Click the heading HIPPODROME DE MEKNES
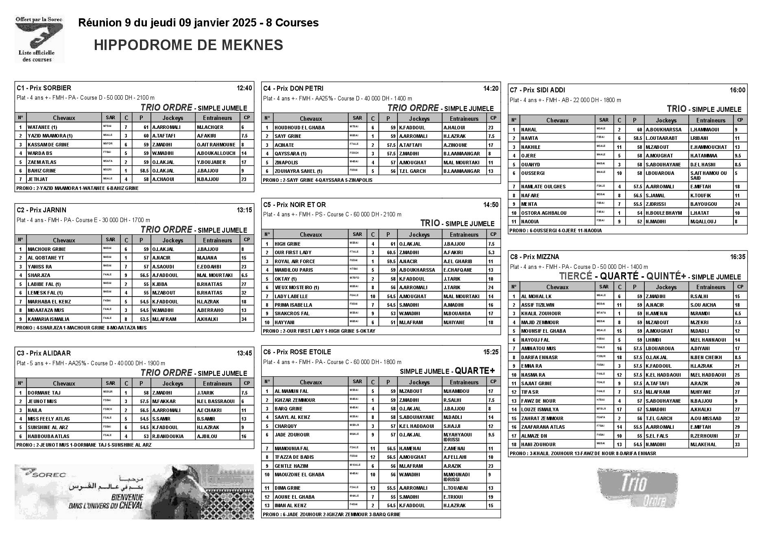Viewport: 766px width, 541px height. [188, 45]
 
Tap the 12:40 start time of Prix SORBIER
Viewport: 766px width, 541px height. [244, 88]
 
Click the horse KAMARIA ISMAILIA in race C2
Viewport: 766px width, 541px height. [48, 319]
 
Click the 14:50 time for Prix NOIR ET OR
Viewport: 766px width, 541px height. [491, 205]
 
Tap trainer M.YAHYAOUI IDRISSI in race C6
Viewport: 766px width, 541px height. [458, 437]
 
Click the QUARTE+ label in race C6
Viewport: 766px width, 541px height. [475, 371]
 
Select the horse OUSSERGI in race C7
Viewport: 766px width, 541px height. [533, 173]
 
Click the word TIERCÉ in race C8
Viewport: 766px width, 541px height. [575, 276]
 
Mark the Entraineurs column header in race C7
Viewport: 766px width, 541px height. [711, 120]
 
